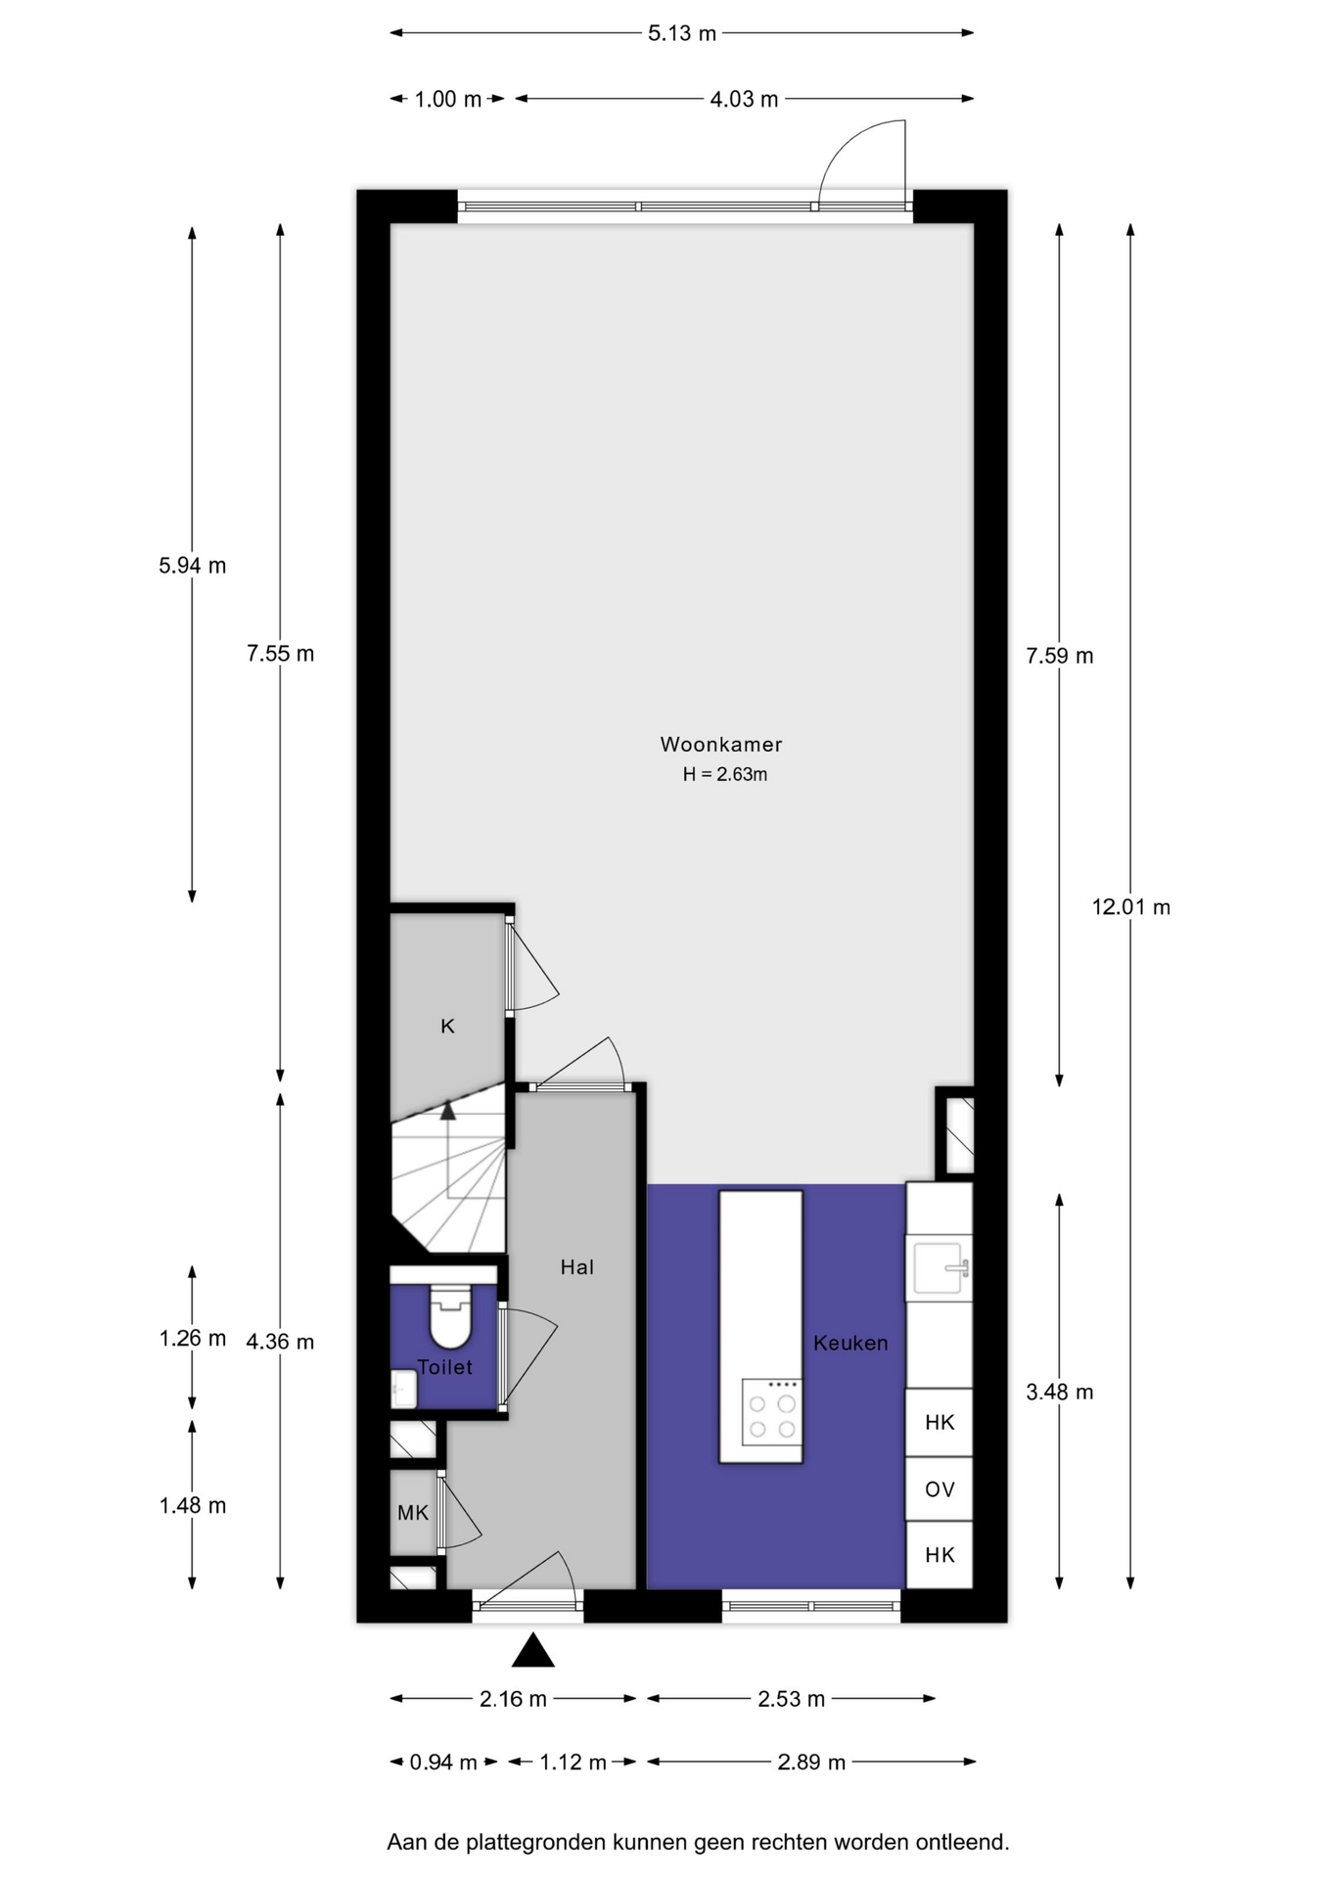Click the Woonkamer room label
(721, 744)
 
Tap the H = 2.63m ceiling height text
(725, 774)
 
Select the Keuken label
(850, 1343)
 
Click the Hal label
(577, 1267)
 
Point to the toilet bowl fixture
(451, 1316)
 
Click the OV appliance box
(939, 1489)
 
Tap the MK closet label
(413, 1513)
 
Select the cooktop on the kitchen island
(771, 1412)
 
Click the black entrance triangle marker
(533, 1650)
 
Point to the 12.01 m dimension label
(1131, 907)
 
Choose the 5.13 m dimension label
(682, 33)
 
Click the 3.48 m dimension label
(1060, 1392)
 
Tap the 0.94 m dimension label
(443, 1763)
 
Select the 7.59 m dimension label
(1060, 656)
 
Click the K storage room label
(447, 1026)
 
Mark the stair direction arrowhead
(448, 1111)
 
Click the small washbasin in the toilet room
(403, 1389)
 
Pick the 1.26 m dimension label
(193, 1338)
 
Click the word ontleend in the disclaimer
(962, 1843)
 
